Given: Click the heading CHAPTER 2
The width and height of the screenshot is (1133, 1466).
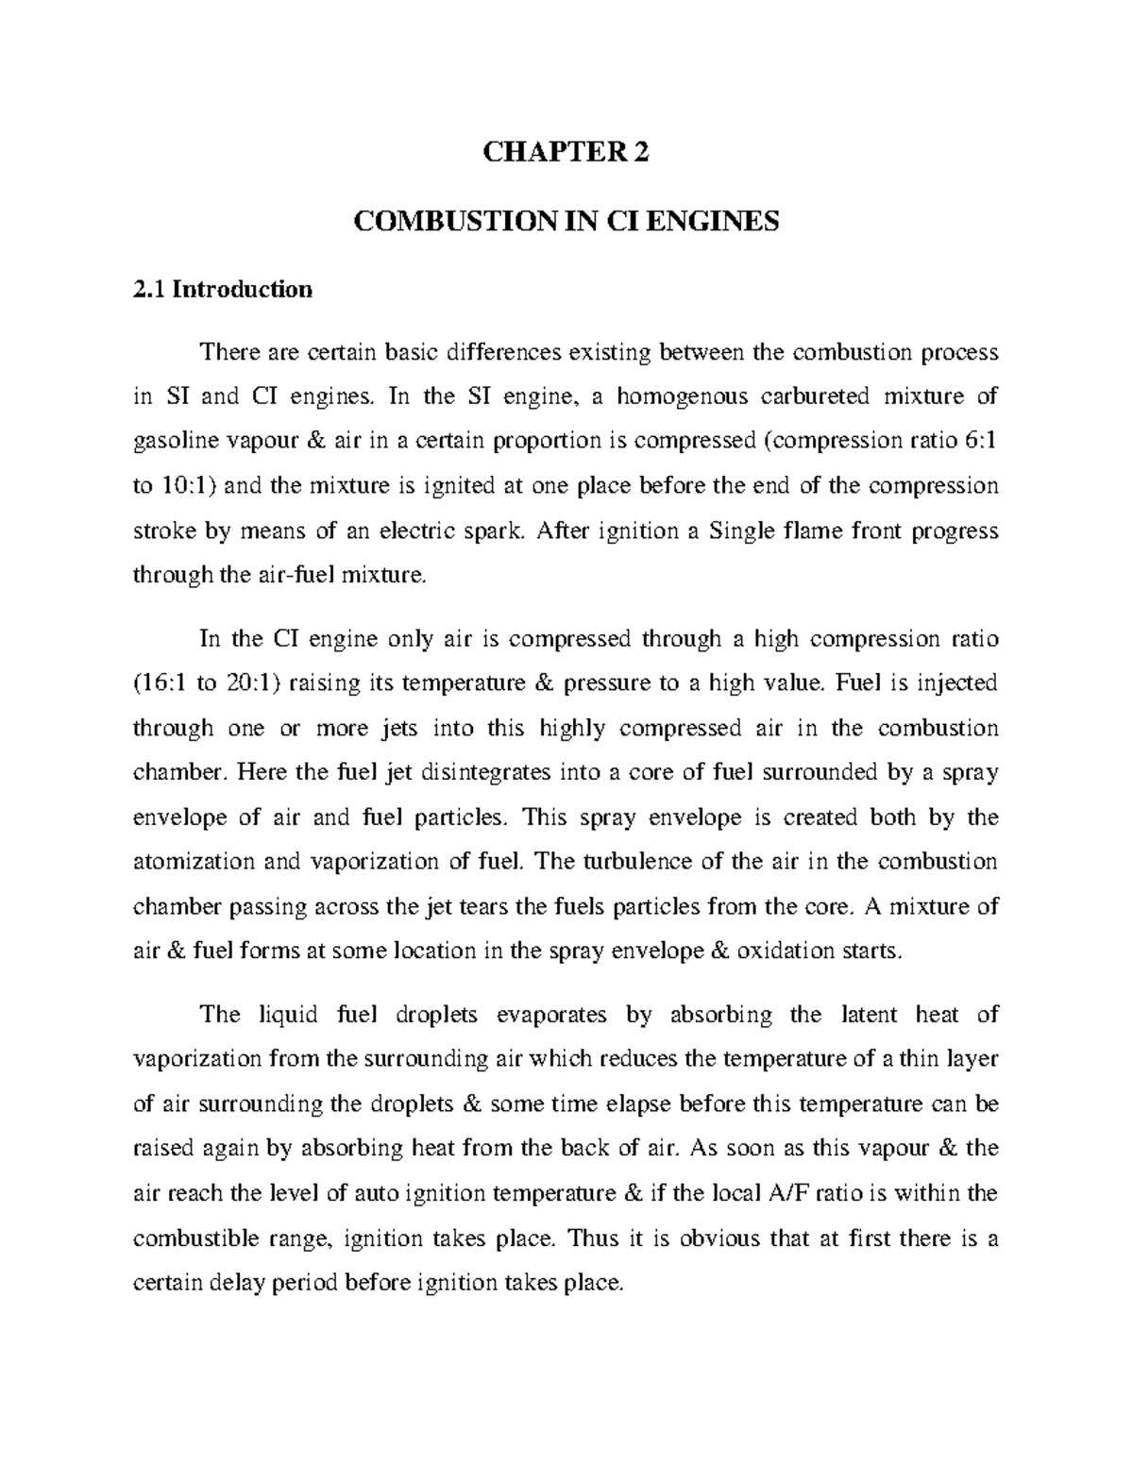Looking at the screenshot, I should point(566,154).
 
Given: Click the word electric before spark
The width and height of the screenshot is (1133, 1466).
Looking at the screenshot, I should point(420,532).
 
